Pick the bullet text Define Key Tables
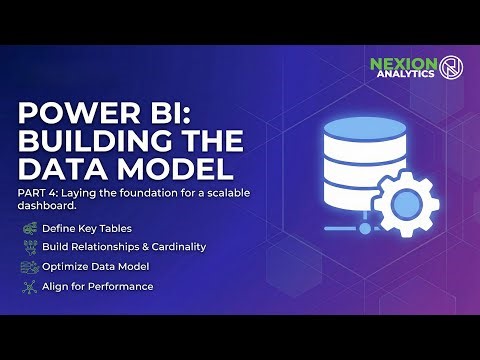(86, 229)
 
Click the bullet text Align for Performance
(97, 286)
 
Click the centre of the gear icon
(403, 204)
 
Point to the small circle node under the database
(365, 228)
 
